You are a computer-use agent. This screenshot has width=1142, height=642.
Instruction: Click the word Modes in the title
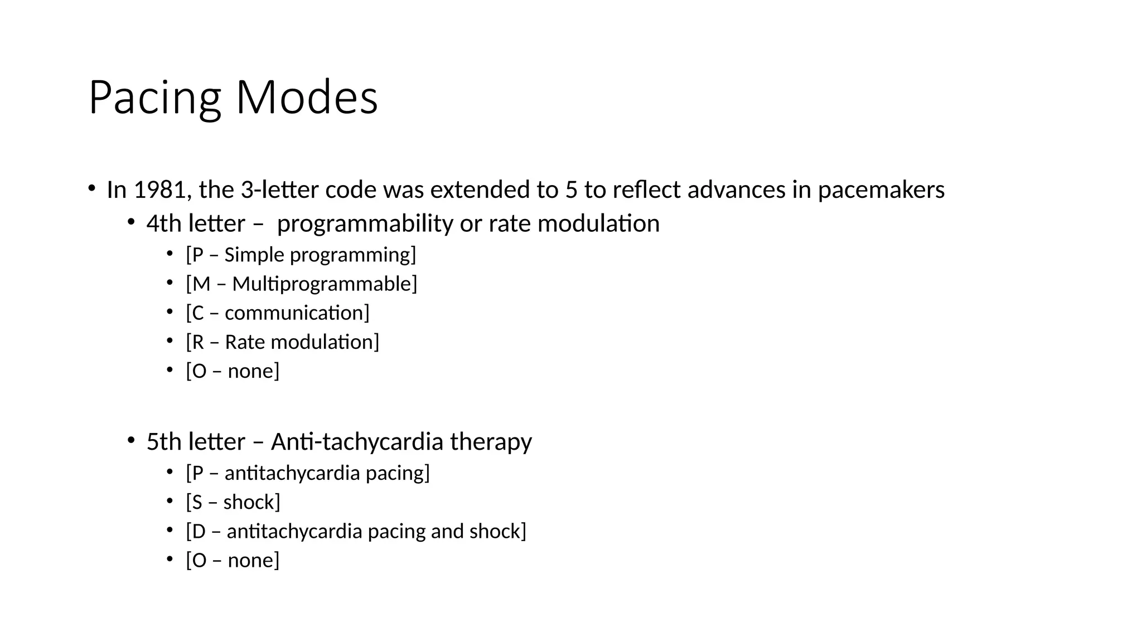(307, 98)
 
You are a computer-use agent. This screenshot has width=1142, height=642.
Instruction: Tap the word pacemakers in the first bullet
(881, 190)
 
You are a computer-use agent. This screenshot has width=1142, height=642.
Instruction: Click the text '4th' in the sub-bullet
(164, 224)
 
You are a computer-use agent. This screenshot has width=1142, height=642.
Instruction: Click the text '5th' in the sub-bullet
(164, 442)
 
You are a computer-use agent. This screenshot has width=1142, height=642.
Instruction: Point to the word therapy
(491, 442)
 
